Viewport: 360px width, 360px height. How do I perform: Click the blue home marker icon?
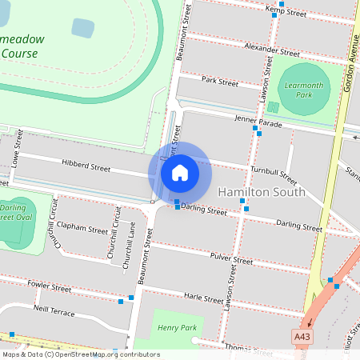(x=180, y=172)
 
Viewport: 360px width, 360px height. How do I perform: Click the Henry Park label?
(x=177, y=327)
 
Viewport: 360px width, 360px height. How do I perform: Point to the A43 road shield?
(x=302, y=337)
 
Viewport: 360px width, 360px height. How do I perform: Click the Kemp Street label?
(x=286, y=11)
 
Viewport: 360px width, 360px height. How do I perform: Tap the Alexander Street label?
(x=272, y=49)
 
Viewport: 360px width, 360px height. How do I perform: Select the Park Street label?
(x=220, y=82)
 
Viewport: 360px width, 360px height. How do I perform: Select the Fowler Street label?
(x=50, y=286)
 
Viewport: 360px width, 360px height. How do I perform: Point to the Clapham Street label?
(x=82, y=230)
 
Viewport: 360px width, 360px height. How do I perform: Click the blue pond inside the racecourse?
(x=82, y=28)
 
